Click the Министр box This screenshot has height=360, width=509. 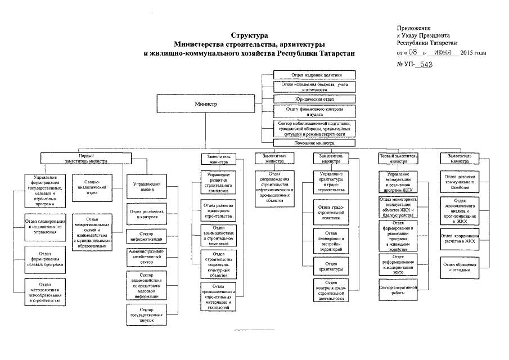[x=206, y=105]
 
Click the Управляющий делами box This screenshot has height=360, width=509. [x=148, y=187]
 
